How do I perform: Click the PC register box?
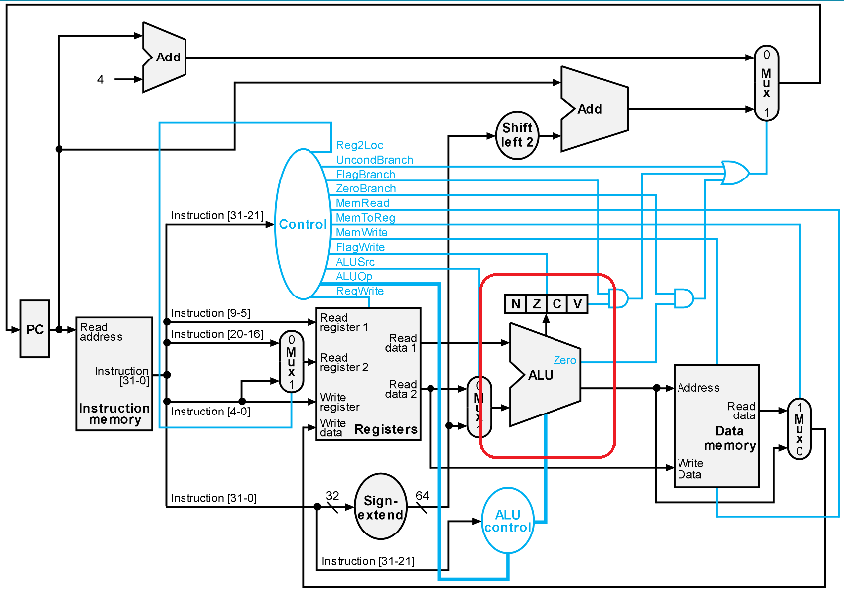click(34, 329)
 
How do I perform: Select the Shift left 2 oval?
click(517, 135)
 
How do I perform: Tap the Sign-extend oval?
click(380, 507)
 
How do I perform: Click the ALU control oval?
click(508, 521)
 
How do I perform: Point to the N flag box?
click(515, 304)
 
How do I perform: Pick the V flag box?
click(577, 304)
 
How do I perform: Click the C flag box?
click(557, 304)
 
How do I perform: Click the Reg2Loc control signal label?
click(359, 145)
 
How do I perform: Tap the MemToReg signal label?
click(365, 217)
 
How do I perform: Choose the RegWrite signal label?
click(360, 291)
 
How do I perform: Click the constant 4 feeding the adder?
click(100, 80)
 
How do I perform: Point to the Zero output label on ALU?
click(564, 360)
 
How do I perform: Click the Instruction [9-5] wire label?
click(210, 313)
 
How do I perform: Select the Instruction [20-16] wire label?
click(217, 334)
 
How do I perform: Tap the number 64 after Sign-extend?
click(422, 495)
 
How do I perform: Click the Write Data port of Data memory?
click(689, 469)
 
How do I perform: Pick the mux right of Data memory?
click(799, 428)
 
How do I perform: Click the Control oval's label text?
click(303, 224)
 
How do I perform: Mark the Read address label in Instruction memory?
click(101, 332)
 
